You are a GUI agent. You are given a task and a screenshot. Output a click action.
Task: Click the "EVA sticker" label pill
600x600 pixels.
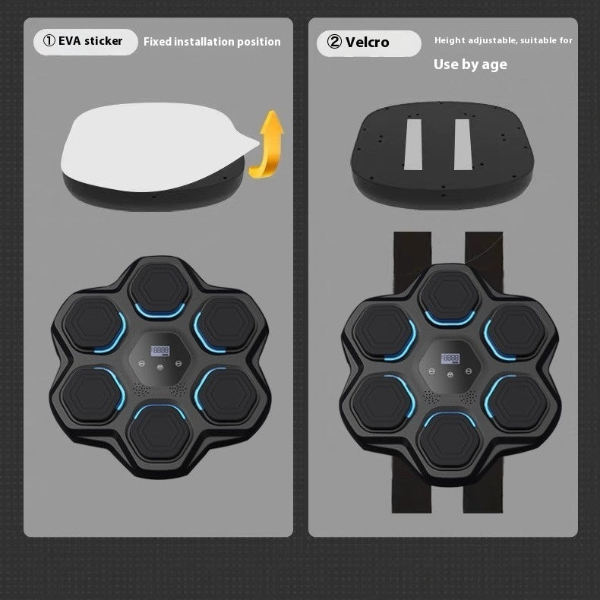click(85, 42)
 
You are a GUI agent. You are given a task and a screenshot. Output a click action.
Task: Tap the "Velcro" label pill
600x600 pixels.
click(368, 43)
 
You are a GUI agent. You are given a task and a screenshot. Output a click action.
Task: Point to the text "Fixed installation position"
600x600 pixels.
click(212, 42)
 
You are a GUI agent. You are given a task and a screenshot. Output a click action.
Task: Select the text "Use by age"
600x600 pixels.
click(470, 65)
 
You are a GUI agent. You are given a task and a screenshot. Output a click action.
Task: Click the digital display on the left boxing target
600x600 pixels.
click(159, 350)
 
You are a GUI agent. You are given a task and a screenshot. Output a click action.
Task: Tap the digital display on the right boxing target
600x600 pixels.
click(451, 357)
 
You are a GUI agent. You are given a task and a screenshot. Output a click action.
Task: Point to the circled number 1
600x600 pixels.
click(47, 42)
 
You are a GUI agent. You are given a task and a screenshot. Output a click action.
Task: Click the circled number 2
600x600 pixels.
click(334, 43)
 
